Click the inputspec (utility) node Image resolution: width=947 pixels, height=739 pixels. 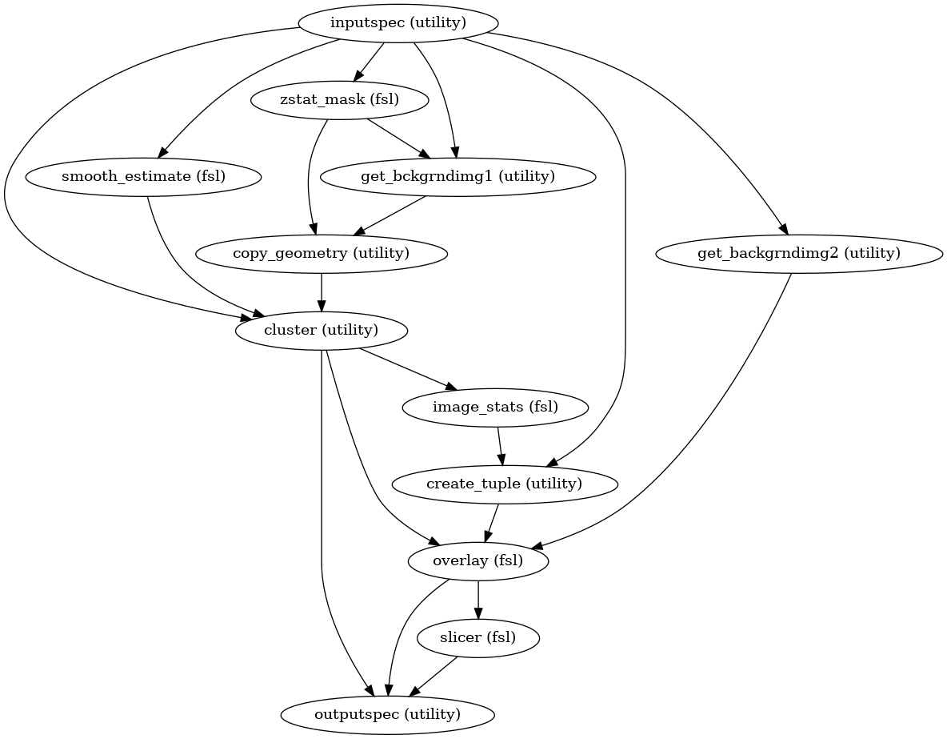(x=398, y=22)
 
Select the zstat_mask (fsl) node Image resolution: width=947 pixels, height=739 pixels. (x=341, y=100)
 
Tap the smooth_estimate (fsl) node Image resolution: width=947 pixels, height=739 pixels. (x=144, y=176)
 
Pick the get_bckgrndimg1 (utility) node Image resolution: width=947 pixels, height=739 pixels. (x=458, y=176)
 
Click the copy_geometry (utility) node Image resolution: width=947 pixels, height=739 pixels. (x=321, y=254)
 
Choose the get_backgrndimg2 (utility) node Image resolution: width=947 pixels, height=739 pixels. (x=799, y=254)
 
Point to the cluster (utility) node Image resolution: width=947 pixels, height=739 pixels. (x=322, y=330)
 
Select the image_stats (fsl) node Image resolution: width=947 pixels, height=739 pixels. (x=495, y=407)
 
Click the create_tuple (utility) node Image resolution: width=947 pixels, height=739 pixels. (x=505, y=484)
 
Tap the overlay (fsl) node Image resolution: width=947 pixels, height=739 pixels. (x=478, y=560)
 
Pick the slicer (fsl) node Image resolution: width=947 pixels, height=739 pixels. (x=478, y=638)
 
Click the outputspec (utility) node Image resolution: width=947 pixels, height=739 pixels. (x=387, y=714)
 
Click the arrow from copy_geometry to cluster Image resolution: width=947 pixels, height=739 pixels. (x=322, y=292)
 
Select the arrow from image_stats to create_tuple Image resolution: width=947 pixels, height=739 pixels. (x=500, y=445)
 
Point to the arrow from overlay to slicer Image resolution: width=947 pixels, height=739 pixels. (x=478, y=600)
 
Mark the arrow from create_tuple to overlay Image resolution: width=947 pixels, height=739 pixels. (x=492, y=522)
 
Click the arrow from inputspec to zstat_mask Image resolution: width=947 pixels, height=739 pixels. (x=368, y=62)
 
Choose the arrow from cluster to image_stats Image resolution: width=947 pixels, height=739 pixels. (x=408, y=368)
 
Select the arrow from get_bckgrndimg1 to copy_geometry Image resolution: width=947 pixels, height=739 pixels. (x=390, y=215)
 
